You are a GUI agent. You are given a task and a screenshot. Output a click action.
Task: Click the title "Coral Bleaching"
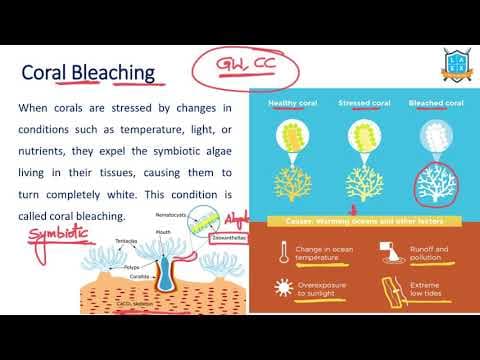coord(88,73)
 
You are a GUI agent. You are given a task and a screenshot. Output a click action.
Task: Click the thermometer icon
coord(282,250)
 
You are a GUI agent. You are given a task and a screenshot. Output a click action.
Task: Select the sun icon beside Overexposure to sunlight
coord(282,290)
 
